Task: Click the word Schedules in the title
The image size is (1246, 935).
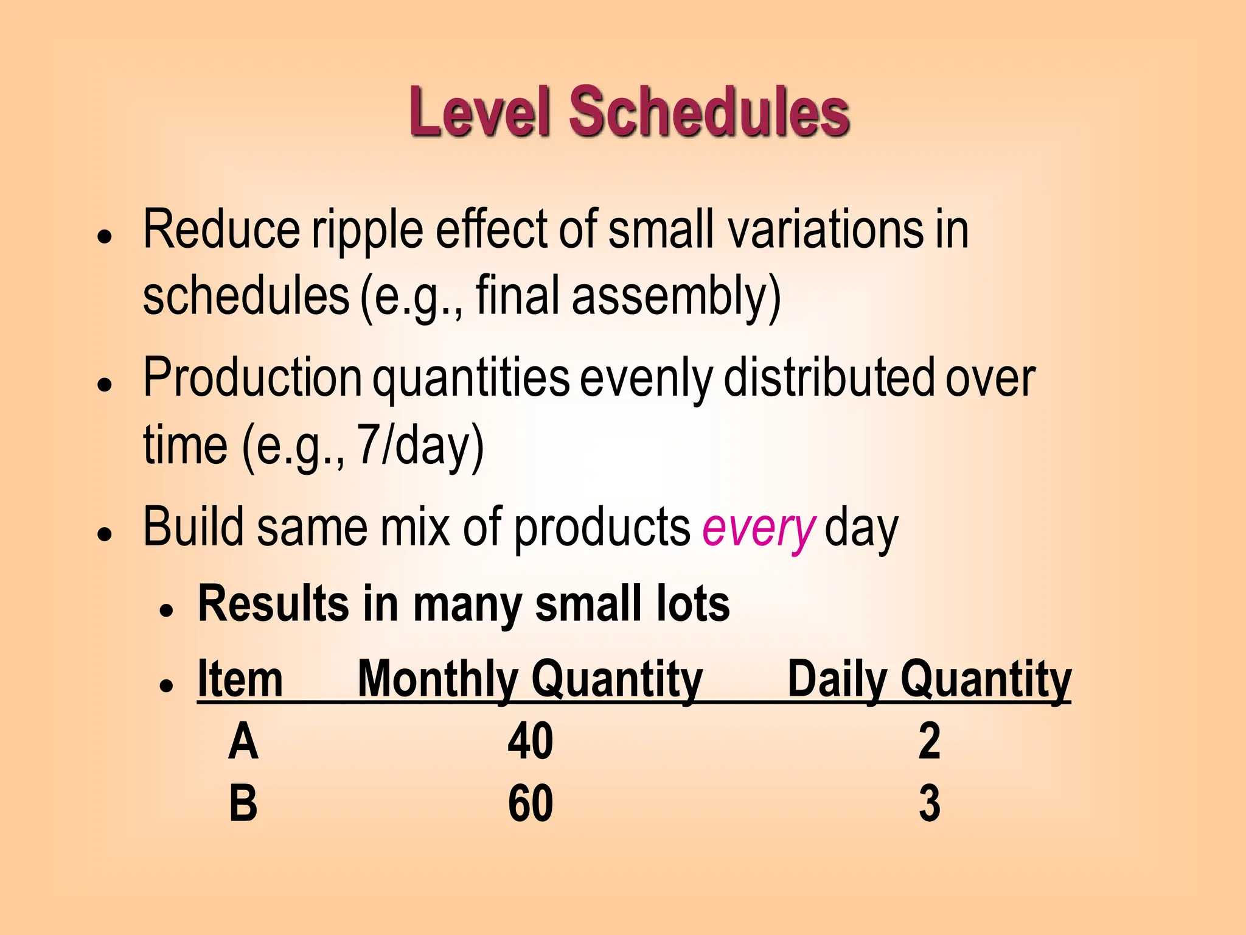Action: pyautogui.click(x=709, y=113)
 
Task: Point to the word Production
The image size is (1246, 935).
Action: pyautogui.click(x=252, y=377)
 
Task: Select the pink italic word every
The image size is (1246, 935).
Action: pyautogui.click(x=757, y=528)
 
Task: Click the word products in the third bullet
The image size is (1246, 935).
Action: pyautogui.click(x=602, y=528)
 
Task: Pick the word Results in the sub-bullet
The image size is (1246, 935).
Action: pyautogui.click(x=273, y=604)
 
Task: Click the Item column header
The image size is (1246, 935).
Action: pyautogui.click(x=240, y=679)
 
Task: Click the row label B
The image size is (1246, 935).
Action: pyautogui.click(x=243, y=804)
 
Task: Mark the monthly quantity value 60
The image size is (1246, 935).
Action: pyautogui.click(x=530, y=804)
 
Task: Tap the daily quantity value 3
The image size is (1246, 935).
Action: pyautogui.click(x=929, y=804)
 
